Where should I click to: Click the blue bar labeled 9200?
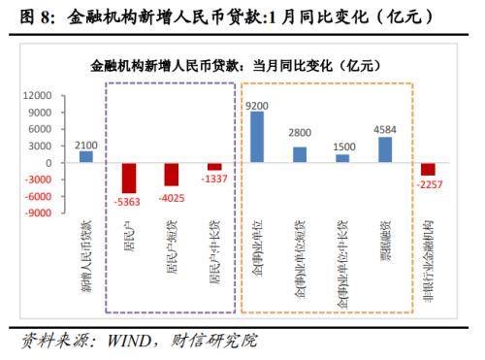(x=257, y=137)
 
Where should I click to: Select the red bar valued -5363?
(x=128, y=178)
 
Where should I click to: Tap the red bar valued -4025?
(x=171, y=174)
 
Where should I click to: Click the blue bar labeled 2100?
(x=86, y=156)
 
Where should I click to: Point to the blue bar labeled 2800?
(x=300, y=154)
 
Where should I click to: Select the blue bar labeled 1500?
(x=342, y=158)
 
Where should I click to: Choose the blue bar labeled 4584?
(x=385, y=149)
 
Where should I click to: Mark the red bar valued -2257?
(x=428, y=169)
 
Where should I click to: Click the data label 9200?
(x=257, y=104)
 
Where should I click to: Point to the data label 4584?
(x=385, y=129)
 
